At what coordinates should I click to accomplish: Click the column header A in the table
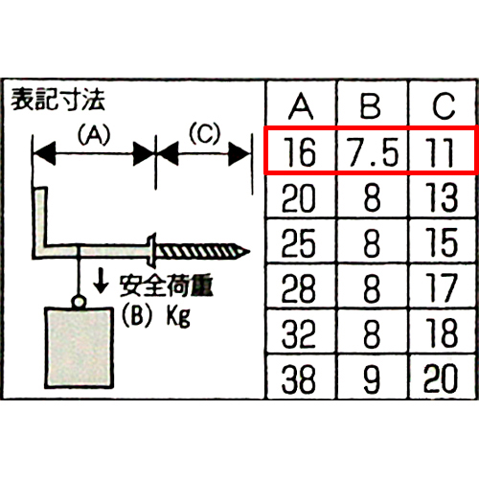(301, 106)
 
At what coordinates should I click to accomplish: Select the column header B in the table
(371, 106)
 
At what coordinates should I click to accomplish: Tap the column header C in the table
(444, 106)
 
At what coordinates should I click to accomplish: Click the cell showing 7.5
(373, 152)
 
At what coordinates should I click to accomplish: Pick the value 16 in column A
(300, 152)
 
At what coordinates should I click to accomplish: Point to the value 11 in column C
(441, 152)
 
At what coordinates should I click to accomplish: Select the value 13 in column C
(442, 197)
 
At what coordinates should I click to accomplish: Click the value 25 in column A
(299, 243)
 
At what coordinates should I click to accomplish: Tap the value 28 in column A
(299, 288)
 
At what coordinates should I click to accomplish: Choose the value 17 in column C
(442, 288)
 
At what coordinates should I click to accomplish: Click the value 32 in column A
(299, 333)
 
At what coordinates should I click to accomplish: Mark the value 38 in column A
(299, 378)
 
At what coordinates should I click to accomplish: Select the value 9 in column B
(372, 378)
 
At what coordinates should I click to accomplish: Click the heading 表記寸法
(57, 100)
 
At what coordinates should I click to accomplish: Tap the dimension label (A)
(94, 134)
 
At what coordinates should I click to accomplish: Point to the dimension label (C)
(205, 133)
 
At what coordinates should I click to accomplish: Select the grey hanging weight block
(80, 348)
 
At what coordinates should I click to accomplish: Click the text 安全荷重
(166, 285)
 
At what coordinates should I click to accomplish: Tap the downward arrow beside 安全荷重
(101, 283)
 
